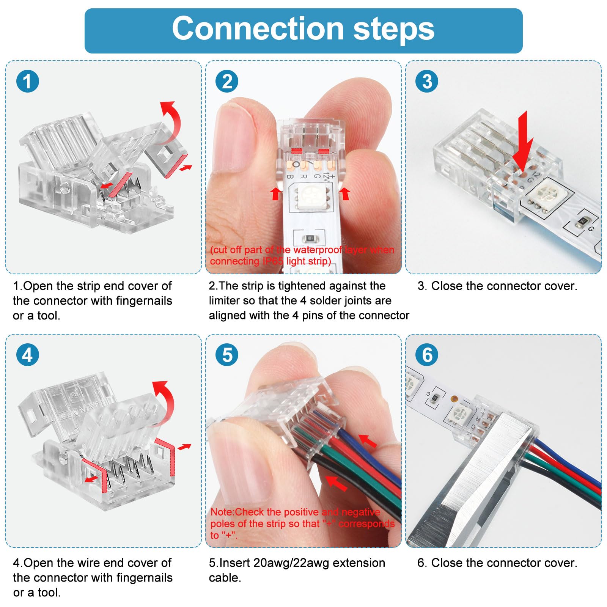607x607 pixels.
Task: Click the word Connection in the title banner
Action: point(258,29)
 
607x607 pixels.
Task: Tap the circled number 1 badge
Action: point(28,81)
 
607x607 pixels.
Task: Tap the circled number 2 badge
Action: point(227,81)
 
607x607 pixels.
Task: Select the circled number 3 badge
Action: point(427,81)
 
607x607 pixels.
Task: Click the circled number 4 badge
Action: point(28,355)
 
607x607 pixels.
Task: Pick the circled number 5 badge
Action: point(227,355)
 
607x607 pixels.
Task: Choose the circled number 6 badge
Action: point(427,355)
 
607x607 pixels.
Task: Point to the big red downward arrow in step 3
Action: point(523,142)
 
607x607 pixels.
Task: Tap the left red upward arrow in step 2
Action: point(276,193)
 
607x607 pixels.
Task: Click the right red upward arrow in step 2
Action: point(344,193)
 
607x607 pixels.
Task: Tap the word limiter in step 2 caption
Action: point(224,301)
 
